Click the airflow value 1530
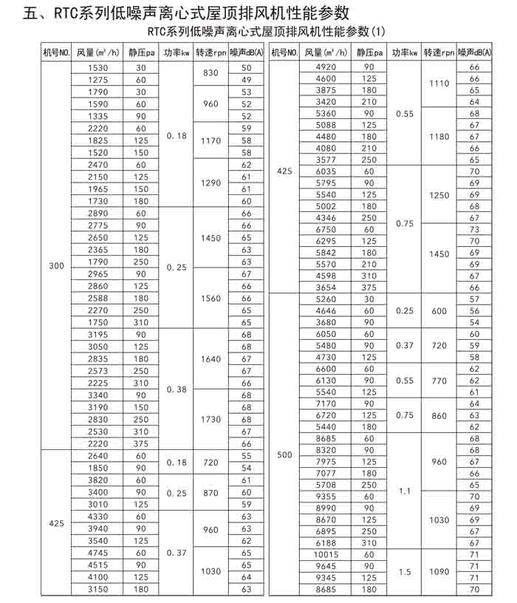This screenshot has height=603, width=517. coord(98,67)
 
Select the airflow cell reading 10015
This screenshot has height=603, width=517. coord(325,554)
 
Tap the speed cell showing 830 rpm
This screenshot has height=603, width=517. coord(210,73)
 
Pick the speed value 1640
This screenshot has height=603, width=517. coord(210,358)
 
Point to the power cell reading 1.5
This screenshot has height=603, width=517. coord(405,571)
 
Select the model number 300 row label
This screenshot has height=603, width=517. coord(56,266)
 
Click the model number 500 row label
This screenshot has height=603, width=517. coord(284,454)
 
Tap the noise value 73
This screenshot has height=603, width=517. coord(474,229)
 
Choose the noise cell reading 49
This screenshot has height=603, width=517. coord(247,79)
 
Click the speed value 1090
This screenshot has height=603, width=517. coord(439,571)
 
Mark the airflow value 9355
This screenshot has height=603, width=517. coord(325,497)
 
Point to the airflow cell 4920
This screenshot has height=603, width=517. coord(325,67)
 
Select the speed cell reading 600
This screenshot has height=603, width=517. coord(439,311)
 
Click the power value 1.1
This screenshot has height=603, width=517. coord(405,490)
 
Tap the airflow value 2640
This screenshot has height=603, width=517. coord(98,456)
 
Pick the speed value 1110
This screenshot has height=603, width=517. coord(439,84)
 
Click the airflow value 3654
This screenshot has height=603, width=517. coord(325,287)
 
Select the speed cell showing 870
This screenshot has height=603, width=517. coord(210,492)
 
